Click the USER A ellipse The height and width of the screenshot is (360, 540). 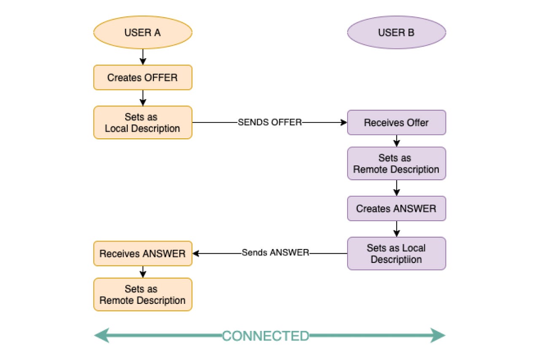click(143, 32)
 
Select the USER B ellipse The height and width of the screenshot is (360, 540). click(397, 32)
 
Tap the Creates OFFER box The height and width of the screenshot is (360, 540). click(143, 78)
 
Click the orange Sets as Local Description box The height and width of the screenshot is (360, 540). click(143, 122)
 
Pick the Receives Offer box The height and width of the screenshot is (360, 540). click(397, 122)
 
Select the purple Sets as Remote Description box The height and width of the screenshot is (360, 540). click(397, 163)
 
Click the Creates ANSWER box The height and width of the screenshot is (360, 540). click(397, 208)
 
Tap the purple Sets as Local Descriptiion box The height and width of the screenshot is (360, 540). click(397, 253)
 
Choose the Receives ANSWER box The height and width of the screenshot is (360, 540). click(143, 253)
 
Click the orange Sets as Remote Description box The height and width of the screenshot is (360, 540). click(143, 295)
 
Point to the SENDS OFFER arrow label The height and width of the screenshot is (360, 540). click(270, 122)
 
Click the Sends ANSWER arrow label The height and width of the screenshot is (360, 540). click(275, 252)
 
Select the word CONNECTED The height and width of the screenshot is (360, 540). click(265, 336)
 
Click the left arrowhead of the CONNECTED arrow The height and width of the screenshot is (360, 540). click(102, 336)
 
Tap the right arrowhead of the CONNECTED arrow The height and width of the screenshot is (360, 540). click(438, 336)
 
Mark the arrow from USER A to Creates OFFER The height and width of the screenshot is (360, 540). click(143, 57)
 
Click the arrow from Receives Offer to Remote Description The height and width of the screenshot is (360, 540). click(397, 141)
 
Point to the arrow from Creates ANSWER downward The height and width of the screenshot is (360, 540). click(397, 229)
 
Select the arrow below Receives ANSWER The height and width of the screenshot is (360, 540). click(143, 272)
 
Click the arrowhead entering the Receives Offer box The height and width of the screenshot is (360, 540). click(344, 122)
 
